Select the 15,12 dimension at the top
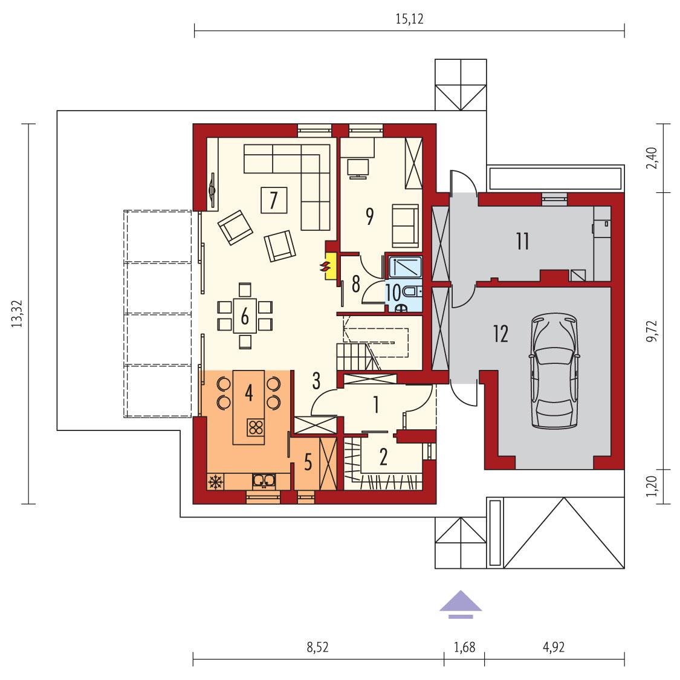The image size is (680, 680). (x=409, y=19)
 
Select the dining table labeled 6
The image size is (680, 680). (x=245, y=315)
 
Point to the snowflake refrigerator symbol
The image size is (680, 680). (x=215, y=482)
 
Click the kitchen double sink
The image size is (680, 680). (x=264, y=481)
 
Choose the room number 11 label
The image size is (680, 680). (x=522, y=242)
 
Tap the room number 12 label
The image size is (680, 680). (x=500, y=334)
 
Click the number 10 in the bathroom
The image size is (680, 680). (x=393, y=294)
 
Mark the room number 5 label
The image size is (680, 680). (x=308, y=463)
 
